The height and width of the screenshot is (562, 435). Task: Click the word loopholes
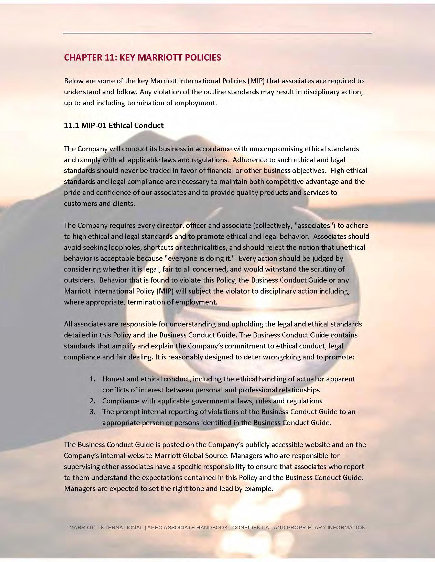122,247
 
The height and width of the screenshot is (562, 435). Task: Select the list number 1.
92,379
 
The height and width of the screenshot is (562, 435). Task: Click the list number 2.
92,401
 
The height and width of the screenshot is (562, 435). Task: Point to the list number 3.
92,412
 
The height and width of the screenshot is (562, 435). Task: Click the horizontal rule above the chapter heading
217,33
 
